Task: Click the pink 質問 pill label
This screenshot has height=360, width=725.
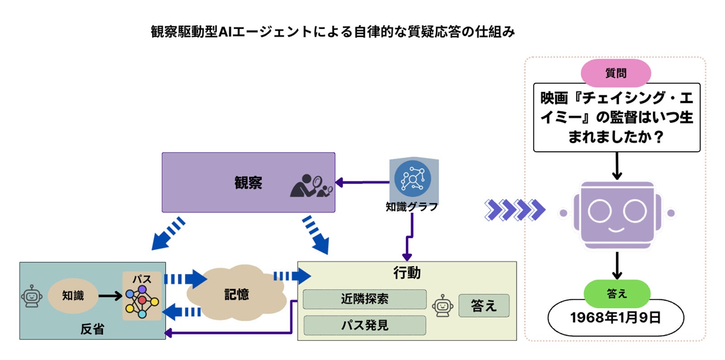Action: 615,73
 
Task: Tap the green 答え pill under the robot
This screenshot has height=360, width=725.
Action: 616,294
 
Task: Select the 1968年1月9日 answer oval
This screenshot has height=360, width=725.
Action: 615,318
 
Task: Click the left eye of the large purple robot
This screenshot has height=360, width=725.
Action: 599,211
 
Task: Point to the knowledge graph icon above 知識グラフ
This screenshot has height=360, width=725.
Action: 412,178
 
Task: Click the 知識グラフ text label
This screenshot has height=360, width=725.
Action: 411,207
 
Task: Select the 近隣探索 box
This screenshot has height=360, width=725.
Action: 364,299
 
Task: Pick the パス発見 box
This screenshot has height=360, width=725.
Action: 364,325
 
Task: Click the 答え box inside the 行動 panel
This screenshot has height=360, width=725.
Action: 483,306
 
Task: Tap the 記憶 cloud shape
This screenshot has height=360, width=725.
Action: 237,294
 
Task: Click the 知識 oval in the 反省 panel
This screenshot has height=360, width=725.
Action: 72,296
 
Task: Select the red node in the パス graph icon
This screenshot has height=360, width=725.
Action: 142,300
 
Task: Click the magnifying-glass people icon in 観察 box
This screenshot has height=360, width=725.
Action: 311,185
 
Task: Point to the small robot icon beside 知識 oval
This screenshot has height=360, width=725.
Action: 31,297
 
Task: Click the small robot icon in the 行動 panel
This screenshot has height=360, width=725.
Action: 442,306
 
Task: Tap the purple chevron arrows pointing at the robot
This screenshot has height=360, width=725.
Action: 514,210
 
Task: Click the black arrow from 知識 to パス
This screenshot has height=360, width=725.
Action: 110,296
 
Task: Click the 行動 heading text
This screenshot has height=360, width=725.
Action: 406,272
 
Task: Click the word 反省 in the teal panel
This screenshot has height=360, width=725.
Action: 92,329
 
